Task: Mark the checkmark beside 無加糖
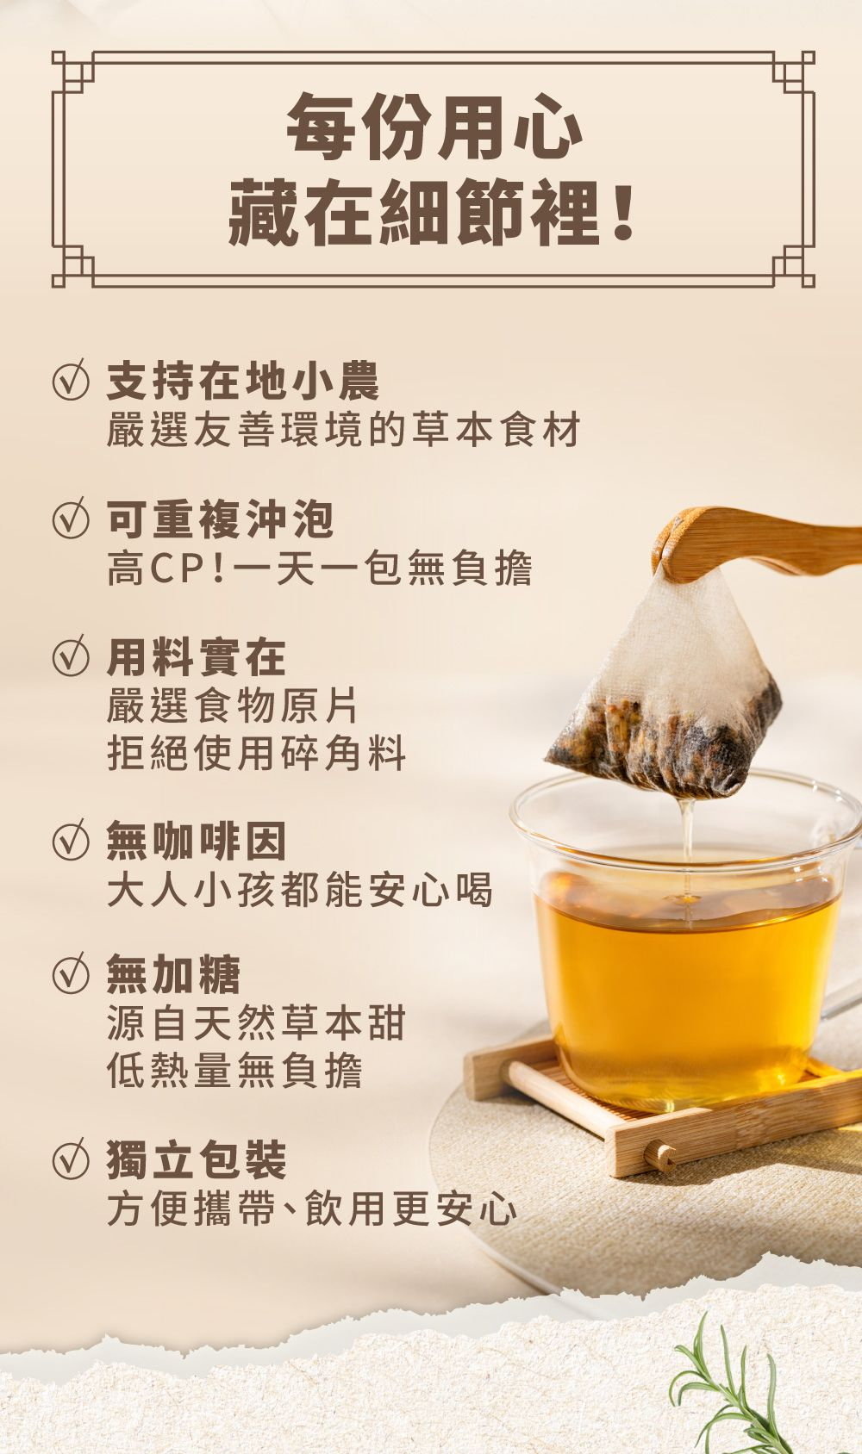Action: coord(70,973)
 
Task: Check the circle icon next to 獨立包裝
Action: coord(70,1159)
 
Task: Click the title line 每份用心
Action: coord(434,127)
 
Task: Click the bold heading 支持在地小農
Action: coord(242,381)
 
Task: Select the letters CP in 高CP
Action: coord(170,569)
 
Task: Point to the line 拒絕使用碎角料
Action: coord(257,752)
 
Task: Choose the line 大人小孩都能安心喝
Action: coord(299,889)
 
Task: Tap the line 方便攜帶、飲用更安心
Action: coord(312,1208)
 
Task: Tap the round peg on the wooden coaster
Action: coord(659,1155)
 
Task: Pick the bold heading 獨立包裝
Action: coord(197,1159)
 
